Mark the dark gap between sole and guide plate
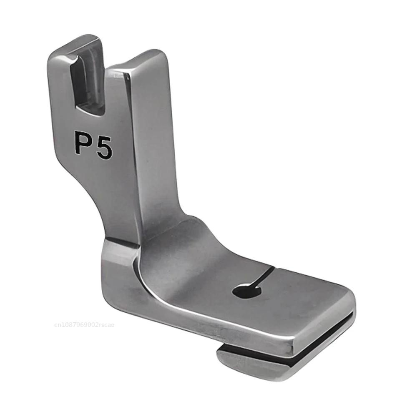[x=292, y=350]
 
